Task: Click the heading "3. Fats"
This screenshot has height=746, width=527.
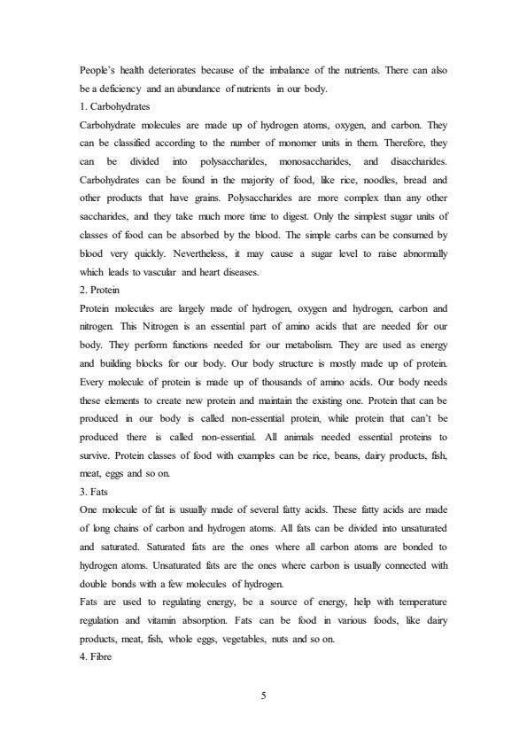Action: coord(95,489)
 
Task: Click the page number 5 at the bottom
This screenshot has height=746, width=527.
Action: coord(263,693)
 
